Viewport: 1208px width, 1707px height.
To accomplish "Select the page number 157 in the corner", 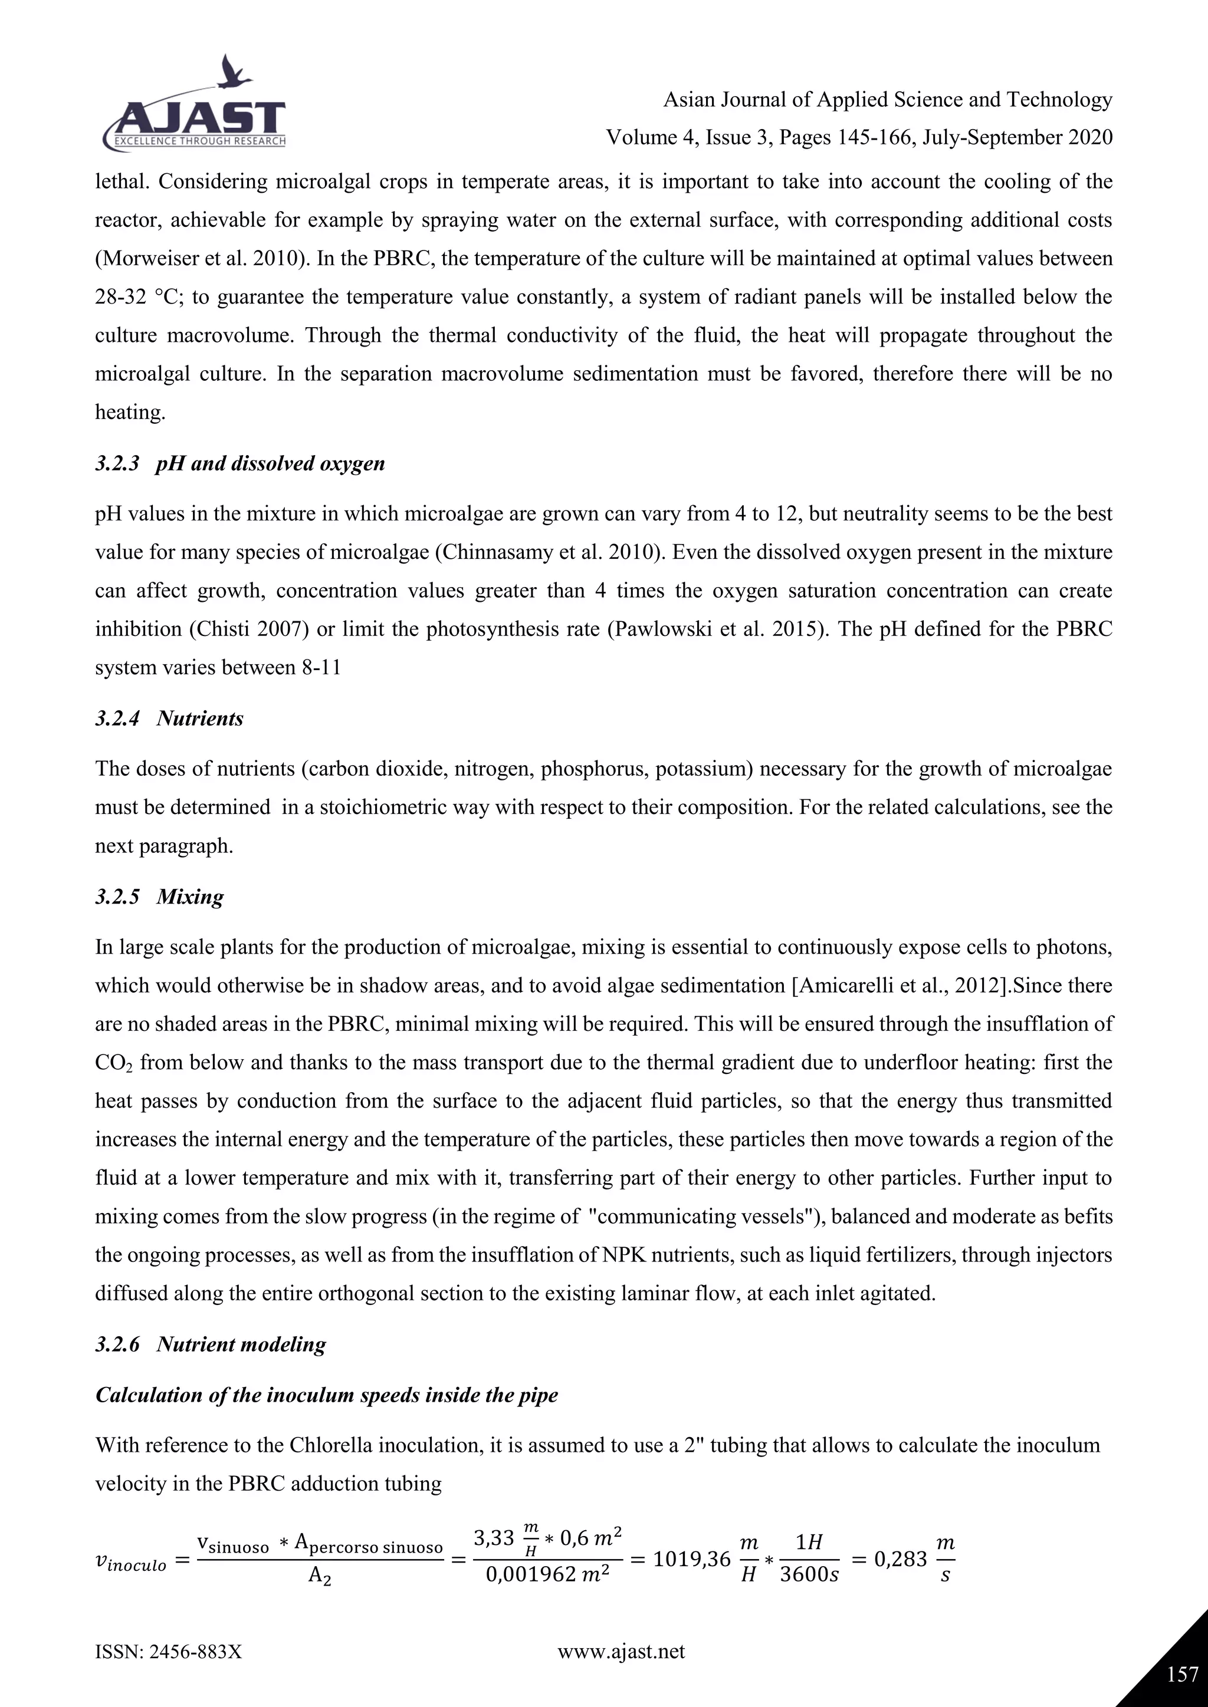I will click(1181, 1675).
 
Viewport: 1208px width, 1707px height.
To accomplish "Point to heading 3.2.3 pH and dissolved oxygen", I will click(239, 464).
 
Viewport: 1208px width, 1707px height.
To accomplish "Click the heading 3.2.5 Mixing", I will click(159, 897).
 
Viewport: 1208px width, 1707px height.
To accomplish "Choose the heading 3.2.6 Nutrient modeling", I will click(211, 1344).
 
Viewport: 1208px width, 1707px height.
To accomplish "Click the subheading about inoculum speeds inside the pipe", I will click(327, 1395).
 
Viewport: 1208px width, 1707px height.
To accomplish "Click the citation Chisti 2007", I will click(242, 629).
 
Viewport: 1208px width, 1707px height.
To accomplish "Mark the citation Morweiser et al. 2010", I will click(198, 259).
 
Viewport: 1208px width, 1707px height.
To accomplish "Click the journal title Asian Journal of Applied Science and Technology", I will click(887, 100).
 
